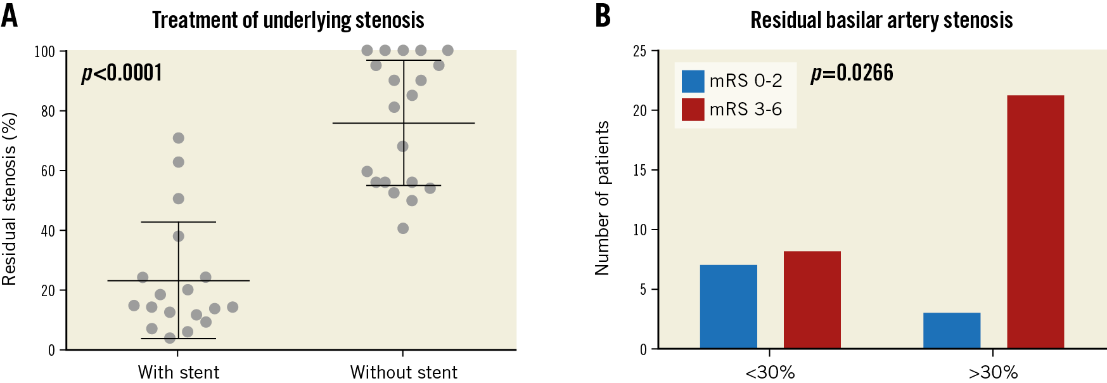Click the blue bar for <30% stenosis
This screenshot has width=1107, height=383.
click(x=728, y=306)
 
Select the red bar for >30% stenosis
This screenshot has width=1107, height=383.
click(x=1035, y=222)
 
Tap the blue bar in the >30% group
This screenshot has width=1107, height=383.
click(x=951, y=330)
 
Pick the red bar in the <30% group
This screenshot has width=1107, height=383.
click(x=812, y=299)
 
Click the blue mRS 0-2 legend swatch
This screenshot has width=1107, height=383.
click(x=693, y=81)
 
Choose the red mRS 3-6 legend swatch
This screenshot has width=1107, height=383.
click(x=693, y=109)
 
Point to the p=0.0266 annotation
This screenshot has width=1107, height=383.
click(x=852, y=73)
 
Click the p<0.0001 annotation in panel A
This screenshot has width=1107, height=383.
click(x=122, y=73)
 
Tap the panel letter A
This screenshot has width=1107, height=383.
click(x=10, y=16)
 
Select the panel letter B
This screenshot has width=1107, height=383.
click(x=603, y=16)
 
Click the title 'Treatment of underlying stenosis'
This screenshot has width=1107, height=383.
click(x=288, y=20)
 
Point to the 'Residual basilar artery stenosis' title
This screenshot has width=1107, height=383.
click(x=881, y=20)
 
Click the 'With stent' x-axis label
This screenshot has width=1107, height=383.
click(x=178, y=372)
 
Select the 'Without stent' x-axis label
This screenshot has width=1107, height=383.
click(x=403, y=372)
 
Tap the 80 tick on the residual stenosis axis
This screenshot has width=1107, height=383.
click(x=48, y=111)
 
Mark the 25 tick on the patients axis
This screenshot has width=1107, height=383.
click(x=639, y=51)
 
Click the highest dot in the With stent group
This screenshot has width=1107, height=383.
click(x=179, y=138)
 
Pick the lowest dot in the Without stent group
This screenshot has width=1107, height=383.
click(x=403, y=228)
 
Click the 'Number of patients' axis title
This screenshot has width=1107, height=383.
click(x=602, y=198)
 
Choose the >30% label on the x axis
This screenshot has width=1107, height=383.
click(x=992, y=372)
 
